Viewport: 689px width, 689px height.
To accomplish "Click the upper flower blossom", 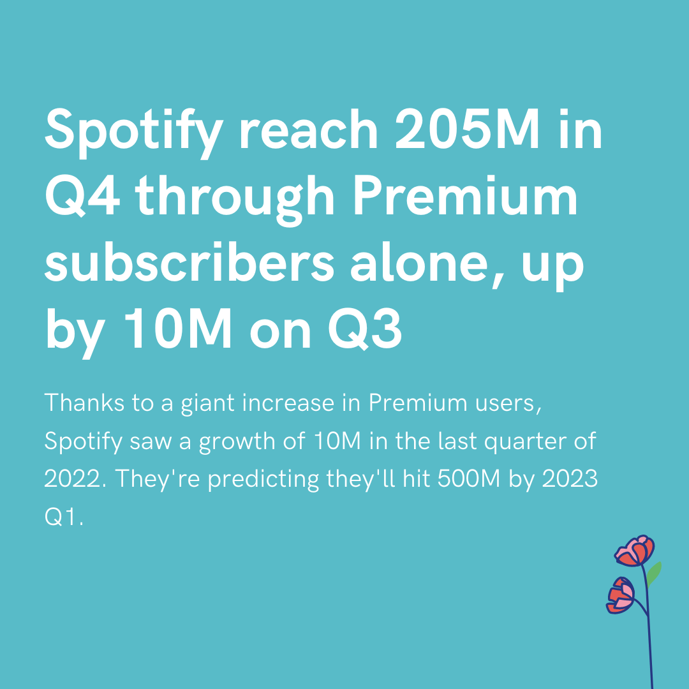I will [x=635, y=552].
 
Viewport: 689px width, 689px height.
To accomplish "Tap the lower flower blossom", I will [x=621, y=595].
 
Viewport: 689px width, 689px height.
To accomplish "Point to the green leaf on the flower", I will [x=653, y=572].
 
